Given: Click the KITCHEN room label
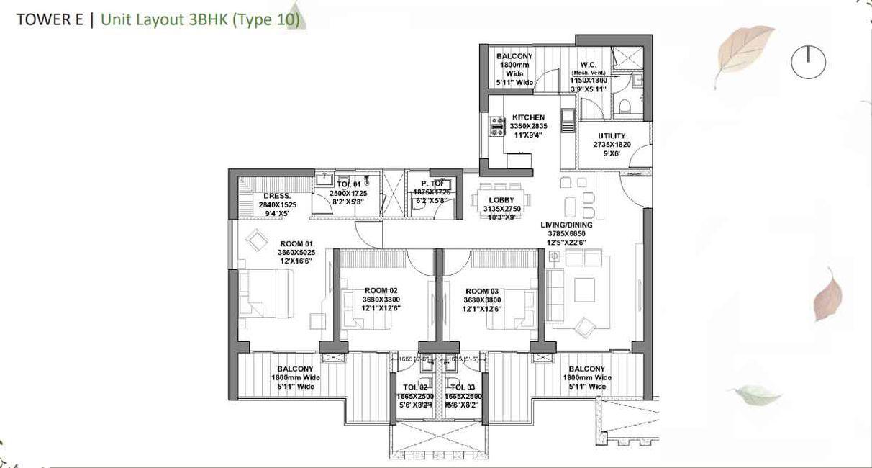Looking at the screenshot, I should pos(528,117).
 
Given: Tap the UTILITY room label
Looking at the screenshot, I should pos(612,135).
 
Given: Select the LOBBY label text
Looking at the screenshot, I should pos(500,200).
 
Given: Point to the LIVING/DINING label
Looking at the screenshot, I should pos(568,225).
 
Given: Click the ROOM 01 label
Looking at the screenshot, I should pos(296,243).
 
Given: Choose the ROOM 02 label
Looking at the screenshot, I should pos(381,291).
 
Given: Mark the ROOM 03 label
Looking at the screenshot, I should pos(482,291).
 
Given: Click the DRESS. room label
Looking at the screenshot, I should pos(277,196).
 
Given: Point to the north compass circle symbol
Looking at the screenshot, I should pos(808,63).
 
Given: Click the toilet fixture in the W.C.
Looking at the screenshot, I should pos(625,106).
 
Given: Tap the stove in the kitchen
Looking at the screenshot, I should pos(496,127).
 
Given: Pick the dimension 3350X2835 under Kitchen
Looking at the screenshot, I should pos(528,126).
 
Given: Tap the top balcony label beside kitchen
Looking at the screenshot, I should pos(514,56).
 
